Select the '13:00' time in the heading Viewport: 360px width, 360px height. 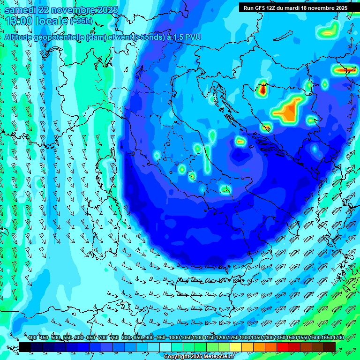[18, 21]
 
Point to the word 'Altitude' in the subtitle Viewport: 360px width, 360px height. [22, 37]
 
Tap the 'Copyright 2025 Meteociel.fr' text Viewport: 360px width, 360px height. [199, 357]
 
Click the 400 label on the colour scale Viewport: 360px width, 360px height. [32, 338]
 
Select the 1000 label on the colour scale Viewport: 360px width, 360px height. [174, 338]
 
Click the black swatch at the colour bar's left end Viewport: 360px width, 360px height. [25, 347]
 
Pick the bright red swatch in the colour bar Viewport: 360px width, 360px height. [283, 347]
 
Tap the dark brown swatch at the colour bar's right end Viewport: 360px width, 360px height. [330, 347]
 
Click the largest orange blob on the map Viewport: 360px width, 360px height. [289, 111]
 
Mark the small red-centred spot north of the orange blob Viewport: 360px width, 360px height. [262, 88]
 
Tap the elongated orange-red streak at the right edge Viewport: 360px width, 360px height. [345, 70]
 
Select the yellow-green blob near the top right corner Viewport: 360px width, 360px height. [328, 31]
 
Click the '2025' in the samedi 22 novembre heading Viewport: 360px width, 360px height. [105, 10]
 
